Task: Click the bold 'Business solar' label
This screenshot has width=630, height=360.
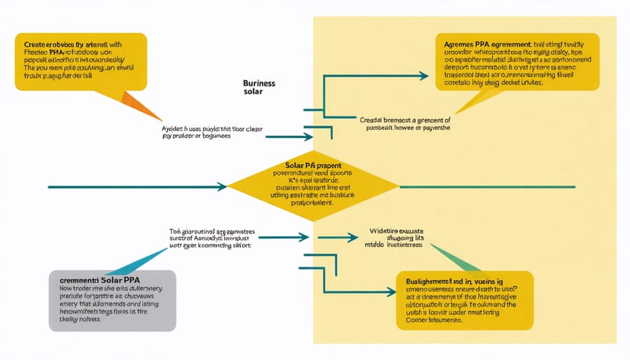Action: pyautogui.click(x=259, y=88)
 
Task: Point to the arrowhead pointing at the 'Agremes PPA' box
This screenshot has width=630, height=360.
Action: pyautogui.click(x=424, y=76)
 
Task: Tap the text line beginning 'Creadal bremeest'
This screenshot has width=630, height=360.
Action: pyautogui.click(x=405, y=123)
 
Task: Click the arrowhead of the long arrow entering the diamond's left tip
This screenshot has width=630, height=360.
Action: pyautogui.click(x=222, y=187)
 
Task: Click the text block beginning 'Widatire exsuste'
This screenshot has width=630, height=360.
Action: pyautogui.click(x=395, y=239)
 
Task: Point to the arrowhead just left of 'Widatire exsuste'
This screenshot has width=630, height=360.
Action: pyautogui.click(x=354, y=238)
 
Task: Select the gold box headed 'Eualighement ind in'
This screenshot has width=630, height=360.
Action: pyautogui.click(x=464, y=300)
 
